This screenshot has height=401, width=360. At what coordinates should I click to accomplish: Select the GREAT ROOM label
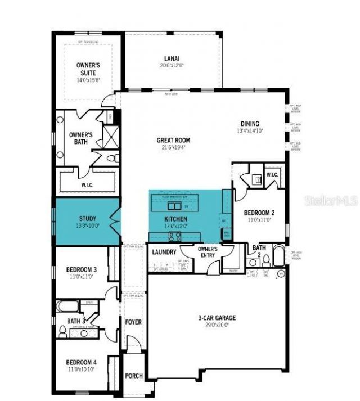[x=173, y=140]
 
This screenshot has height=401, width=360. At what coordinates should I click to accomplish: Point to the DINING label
[x=250, y=124]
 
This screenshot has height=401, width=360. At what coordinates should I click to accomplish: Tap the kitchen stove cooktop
[x=175, y=236]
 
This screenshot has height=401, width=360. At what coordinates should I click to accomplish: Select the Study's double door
[x=115, y=221]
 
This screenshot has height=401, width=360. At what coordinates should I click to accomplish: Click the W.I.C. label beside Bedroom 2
[x=272, y=174]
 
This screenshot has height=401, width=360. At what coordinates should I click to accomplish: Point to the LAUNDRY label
[x=164, y=253]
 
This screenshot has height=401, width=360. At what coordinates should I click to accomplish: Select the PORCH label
[x=133, y=376]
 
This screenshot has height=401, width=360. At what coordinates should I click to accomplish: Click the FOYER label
[x=133, y=322]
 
